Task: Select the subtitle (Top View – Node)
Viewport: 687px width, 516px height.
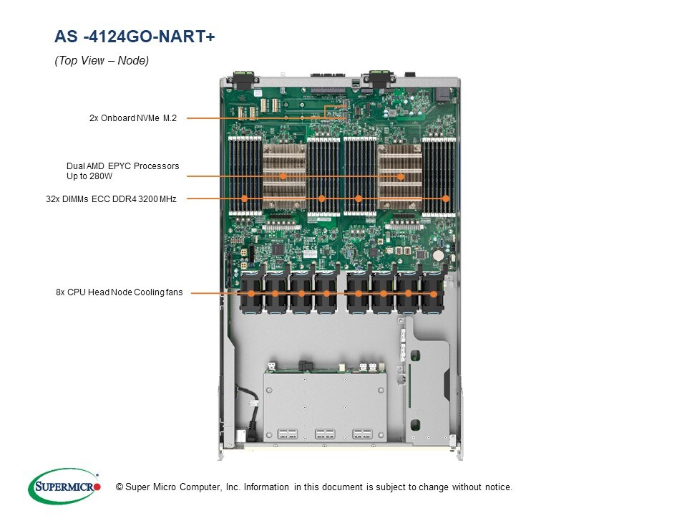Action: tap(102, 61)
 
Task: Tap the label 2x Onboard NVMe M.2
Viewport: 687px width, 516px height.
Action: tap(132, 118)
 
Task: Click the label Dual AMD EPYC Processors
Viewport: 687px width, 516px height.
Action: tap(122, 166)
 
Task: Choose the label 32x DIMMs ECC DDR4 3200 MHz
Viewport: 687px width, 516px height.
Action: tap(111, 199)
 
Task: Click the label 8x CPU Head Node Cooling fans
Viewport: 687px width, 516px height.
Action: tap(119, 292)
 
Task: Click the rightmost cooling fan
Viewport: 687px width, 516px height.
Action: tap(432, 292)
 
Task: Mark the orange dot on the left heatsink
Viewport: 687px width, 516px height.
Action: tap(283, 176)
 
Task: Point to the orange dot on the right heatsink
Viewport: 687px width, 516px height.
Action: tap(401, 176)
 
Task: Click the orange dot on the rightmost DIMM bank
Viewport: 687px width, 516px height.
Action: tap(446, 199)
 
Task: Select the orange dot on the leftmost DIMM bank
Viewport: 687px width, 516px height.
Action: tap(245, 199)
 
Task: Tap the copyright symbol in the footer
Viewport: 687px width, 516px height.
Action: tap(120, 487)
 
